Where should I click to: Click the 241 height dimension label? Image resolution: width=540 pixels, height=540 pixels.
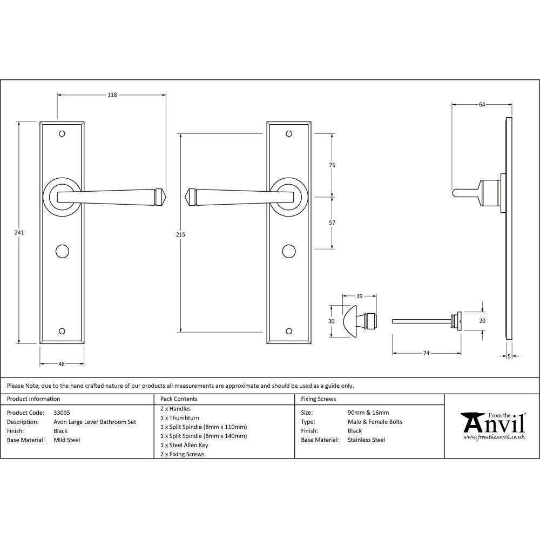pyautogui.click(x=19, y=232)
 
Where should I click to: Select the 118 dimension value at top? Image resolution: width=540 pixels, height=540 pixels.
pyautogui.click(x=112, y=95)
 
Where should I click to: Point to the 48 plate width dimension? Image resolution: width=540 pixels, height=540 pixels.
pyautogui.click(x=62, y=364)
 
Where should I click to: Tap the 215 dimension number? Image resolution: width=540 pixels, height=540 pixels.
pyautogui.click(x=180, y=234)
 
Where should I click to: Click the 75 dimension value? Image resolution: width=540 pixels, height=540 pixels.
pyautogui.click(x=332, y=165)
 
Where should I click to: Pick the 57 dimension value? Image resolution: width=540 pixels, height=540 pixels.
pyautogui.click(x=332, y=222)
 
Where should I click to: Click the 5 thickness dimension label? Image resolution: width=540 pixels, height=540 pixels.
pyautogui.click(x=509, y=356)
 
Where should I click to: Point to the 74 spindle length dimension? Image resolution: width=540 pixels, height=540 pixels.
pyautogui.click(x=426, y=353)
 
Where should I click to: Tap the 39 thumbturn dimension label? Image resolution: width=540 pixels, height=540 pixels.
pyautogui.click(x=359, y=296)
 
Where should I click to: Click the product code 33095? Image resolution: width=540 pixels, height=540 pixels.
pyautogui.click(x=62, y=413)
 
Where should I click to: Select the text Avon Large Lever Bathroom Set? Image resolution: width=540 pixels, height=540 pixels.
pyautogui.click(x=94, y=422)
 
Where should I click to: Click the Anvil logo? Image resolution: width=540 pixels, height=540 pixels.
pyautogui.click(x=492, y=424)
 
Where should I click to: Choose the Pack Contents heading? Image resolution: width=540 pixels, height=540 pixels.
pyautogui.click(x=179, y=399)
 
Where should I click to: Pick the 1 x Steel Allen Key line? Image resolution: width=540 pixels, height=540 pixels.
pyautogui.click(x=184, y=445)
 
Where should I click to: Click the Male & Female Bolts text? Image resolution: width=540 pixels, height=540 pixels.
pyautogui.click(x=375, y=422)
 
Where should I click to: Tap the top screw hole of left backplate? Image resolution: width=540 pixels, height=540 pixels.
pyautogui.click(x=62, y=133)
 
